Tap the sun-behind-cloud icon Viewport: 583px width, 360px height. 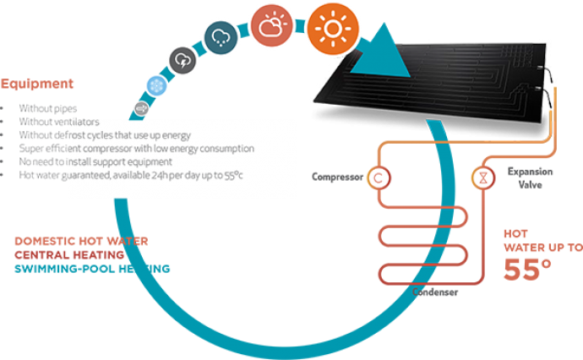(x=272, y=29)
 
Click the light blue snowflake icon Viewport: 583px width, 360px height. (x=156, y=85)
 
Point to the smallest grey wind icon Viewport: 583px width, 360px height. (x=141, y=107)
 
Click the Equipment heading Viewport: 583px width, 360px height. (x=36, y=85)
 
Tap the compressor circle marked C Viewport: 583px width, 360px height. (x=379, y=177)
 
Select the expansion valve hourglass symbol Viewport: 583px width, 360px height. (x=482, y=177)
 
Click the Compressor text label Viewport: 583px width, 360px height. (x=336, y=177)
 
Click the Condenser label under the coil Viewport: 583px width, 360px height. (x=435, y=292)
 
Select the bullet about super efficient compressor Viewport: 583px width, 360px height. (x=135, y=148)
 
